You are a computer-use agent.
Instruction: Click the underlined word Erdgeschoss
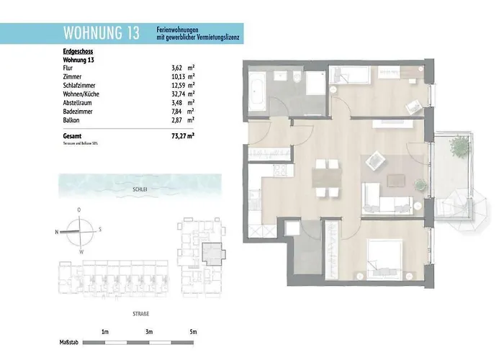coord(78,53)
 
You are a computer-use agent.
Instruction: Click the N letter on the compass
coord(56,231)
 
